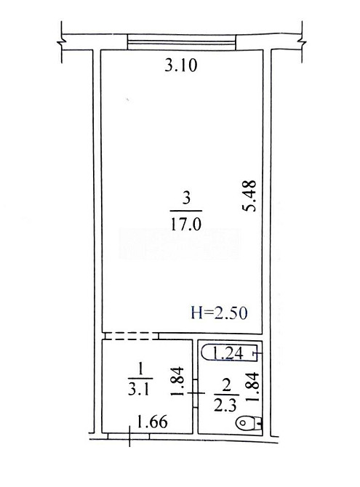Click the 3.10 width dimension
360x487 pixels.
coord(180,65)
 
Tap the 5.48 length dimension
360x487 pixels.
coord(249,196)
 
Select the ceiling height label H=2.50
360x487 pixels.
coord(220,313)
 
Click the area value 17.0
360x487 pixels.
coord(186,224)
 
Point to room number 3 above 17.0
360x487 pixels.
coord(186,198)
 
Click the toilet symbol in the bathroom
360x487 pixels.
coord(249,423)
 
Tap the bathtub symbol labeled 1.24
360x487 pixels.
coord(230,353)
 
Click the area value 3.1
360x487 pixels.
coord(139,388)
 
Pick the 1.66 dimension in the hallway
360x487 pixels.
coord(152,422)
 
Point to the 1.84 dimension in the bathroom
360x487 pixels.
coord(252,387)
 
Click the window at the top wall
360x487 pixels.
coord(182,42)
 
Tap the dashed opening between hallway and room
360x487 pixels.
coord(132,336)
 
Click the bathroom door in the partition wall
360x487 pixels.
coord(195,393)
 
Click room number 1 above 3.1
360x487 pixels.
coord(140,370)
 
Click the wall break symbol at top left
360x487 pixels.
coord(62,42)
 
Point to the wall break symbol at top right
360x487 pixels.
coord(302,42)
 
